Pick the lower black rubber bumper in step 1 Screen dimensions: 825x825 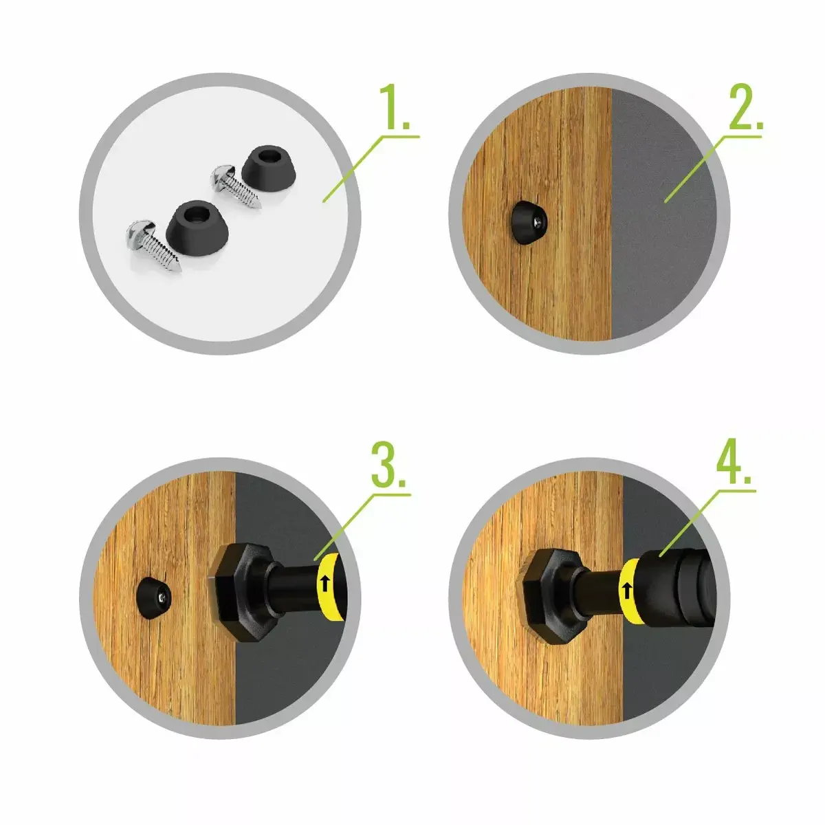point(197,229)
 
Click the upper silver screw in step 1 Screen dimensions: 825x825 point(235,187)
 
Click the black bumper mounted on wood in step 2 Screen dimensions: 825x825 point(529,222)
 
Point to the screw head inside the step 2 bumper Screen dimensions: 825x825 point(539,222)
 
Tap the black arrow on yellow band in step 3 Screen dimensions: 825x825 point(326,584)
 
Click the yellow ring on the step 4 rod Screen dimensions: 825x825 point(630,591)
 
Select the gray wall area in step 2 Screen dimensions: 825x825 point(661,214)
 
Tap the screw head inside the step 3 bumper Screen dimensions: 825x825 point(163,596)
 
